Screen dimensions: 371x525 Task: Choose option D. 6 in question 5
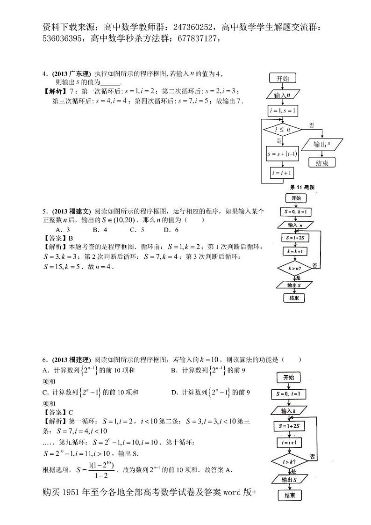pyautogui.click(x=171, y=230)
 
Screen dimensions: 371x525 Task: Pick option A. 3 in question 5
pyautogui.click(x=63, y=230)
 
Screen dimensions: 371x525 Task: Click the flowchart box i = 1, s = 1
pyautogui.click(x=282, y=111)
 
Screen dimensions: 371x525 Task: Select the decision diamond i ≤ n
pyautogui.click(x=282, y=129)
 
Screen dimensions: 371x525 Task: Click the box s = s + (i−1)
pyautogui.click(x=282, y=153)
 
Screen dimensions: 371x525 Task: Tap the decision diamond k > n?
pyautogui.click(x=294, y=269)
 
